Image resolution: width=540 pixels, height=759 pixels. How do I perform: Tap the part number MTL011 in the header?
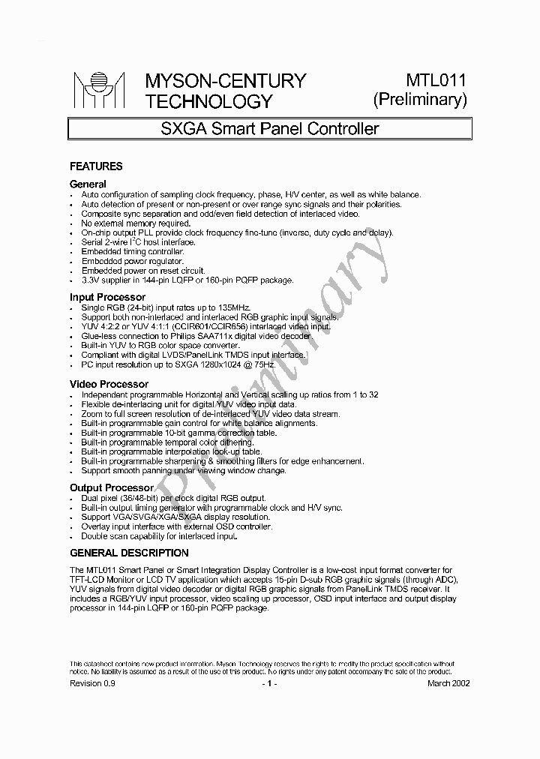click(436, 80)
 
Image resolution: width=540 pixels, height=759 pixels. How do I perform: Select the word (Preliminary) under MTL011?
click(420, 100)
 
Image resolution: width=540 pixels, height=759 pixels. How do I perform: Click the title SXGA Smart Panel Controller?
click(270, 128)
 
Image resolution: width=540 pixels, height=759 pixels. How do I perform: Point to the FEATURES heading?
click(96, 166)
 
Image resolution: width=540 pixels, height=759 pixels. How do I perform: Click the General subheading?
click(88, 184)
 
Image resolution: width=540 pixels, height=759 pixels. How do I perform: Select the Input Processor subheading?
click(107, 297)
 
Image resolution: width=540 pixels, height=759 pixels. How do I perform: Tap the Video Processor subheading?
click(108, 384)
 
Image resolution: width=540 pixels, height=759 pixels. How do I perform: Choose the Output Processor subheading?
click(111, 487)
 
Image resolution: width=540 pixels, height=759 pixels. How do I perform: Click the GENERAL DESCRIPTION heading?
click(129, 553)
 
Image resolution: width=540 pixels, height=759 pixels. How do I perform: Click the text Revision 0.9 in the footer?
click(93, 683)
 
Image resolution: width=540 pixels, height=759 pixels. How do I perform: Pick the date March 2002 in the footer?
click(448, 683)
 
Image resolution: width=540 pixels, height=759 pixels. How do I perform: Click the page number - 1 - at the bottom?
click(269, 683)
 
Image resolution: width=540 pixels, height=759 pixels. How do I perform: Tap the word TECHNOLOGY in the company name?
click(208, 101)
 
